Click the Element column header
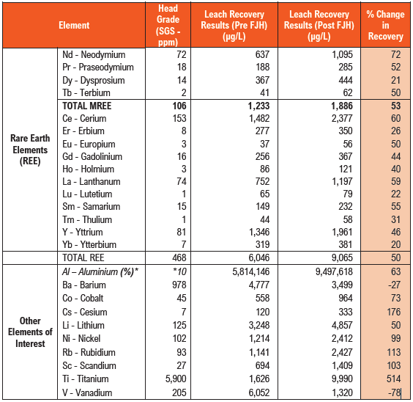tap(74, 26)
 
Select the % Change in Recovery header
tap(385, 26)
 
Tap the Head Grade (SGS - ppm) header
tap(168, 26)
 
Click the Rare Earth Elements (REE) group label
tap(30, 150)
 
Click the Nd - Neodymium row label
tap(94, 54)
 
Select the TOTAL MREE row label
tap(87, 106)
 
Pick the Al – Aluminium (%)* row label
tap(100, 271)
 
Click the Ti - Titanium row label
tap(86, 379)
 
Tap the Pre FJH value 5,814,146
tap(250, 271)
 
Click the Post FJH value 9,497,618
tap(334, 271)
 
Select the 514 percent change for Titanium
tap(393, 379)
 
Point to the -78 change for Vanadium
tap(394, 392)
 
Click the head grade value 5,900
tap(176, 379)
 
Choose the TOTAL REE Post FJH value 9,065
tap(342, 257)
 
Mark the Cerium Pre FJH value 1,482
tap(259, 118)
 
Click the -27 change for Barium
tap(394, 285)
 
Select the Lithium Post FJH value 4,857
tap(342, 325)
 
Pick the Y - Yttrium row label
tap(83, 232)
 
